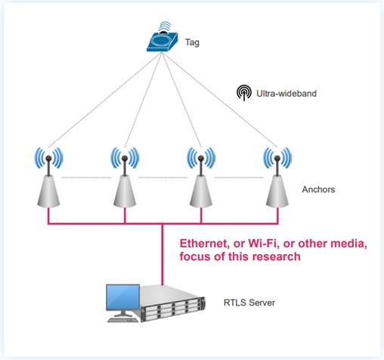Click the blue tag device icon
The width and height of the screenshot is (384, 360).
pyautogui.click(x=163, y=42)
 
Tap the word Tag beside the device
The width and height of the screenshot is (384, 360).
pyautogui.click(x=192, y=42)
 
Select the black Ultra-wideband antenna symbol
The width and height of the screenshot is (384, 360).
pyautogui.click(x=244, y=92)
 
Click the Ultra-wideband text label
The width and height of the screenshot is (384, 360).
pyautogui.click(x=286, y=94)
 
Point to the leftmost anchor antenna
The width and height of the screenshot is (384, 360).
pyautogui.click(x=48, y=178)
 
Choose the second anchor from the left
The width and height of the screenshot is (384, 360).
pyautogui.click(x=125, y=178)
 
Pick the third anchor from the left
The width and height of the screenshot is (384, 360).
pyautogui.click(x=201, y=178)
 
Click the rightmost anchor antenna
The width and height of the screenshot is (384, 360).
pyautogui.click(x=277, y=178)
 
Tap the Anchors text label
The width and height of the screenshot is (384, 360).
pyautogui.click(x=318, y=189)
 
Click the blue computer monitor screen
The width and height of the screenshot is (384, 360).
pyautogui.click(x=122, y=297)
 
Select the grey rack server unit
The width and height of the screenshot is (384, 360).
pyautogui.click(x=172, y=303)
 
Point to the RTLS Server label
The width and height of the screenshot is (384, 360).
pyautogui.click(x=249, y=303)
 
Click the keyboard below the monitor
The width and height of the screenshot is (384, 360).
pyautogui.click(x=123, y=320)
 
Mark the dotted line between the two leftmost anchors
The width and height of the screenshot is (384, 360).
pyautogui.click(x=86, y=178)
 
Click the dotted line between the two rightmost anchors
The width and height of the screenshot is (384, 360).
pyautogui.click(x=239, y=178)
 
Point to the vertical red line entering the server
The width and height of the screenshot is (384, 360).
pyautogui.click(x=163, y=255)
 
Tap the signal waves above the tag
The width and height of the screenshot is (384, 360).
pyautogui.click(x=164, y=26)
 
